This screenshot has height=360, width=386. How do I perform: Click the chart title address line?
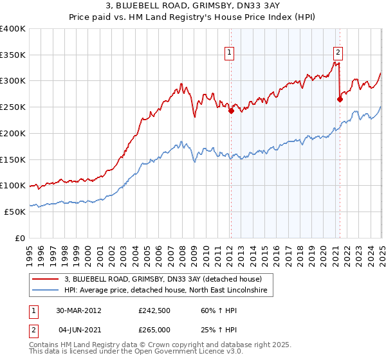pyautogui.click(x=192, y=7)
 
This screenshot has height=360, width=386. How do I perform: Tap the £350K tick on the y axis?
pyautogui.click(x=13, y=55)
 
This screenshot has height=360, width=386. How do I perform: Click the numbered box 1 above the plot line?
pyautogui.click(x=230, y=53)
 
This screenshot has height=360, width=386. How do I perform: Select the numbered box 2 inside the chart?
pyautogui.click(x=338, y=53)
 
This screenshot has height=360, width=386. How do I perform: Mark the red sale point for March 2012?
pyautogui.click(x=231, y=111)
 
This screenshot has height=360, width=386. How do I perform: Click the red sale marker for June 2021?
pyautogui.click(x=339, y=99)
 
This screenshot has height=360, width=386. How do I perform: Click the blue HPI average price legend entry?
pyautogui.click(x=169, y=291)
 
